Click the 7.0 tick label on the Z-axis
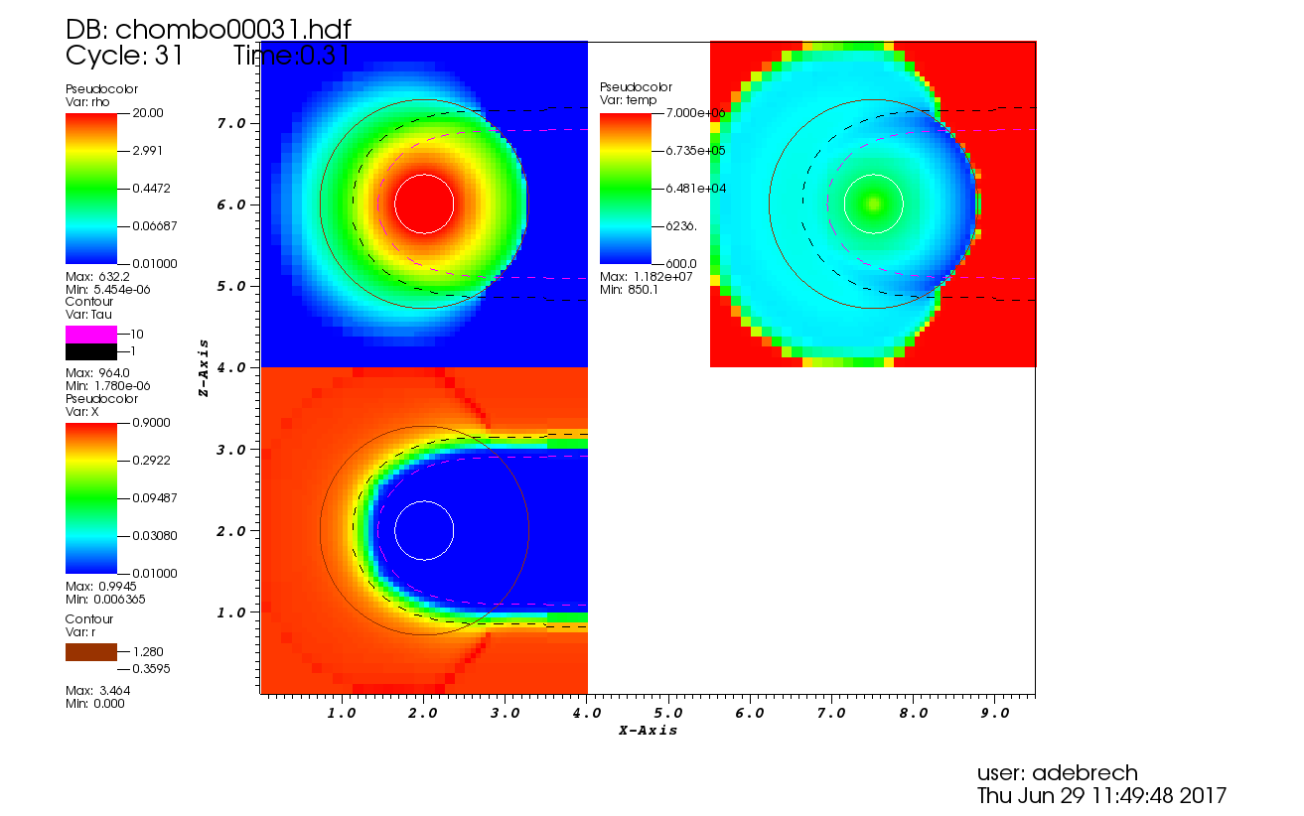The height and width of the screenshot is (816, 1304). coord(231,122)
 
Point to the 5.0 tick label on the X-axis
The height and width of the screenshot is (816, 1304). coord(667,713)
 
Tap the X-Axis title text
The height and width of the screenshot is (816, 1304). coord(648,731)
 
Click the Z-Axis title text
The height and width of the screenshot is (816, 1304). coord(204,367)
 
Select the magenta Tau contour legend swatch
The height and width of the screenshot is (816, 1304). coord(90,335)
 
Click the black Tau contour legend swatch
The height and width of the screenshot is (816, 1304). coord(90,351)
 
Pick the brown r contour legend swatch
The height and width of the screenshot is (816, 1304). coord(90,651)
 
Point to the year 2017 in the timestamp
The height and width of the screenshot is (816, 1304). coord(1204,795)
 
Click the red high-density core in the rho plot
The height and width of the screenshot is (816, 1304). coord(424,204)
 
